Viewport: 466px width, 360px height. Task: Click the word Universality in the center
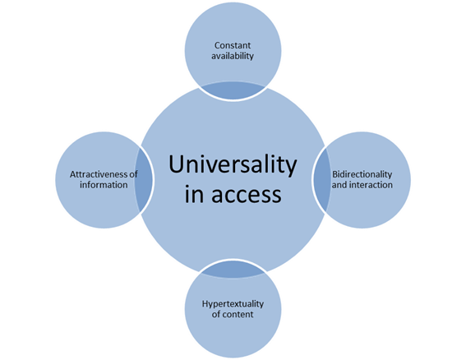click(233, 164)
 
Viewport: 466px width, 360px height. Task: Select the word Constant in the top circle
click(233, 45)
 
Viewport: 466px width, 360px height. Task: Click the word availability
click(233, 56)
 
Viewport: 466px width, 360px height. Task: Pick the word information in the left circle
click(104, 185)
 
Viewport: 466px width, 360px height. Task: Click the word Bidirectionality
click(362, 174)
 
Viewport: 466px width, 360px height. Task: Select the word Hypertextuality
click(233, 304)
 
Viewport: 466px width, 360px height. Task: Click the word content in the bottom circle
click(238, 314)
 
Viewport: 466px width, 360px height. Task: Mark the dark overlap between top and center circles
click(233, 90)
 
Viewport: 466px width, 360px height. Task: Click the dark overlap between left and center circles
click(144, 180)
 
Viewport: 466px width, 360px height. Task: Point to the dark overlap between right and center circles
click(322, 180)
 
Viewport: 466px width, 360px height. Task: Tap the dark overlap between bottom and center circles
click(233, 270)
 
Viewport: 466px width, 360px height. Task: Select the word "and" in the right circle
click(339, 185)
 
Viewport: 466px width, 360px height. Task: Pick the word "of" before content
click(216, 314)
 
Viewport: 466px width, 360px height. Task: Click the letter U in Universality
click(176, 164)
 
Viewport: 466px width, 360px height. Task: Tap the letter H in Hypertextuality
click(205, 303)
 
